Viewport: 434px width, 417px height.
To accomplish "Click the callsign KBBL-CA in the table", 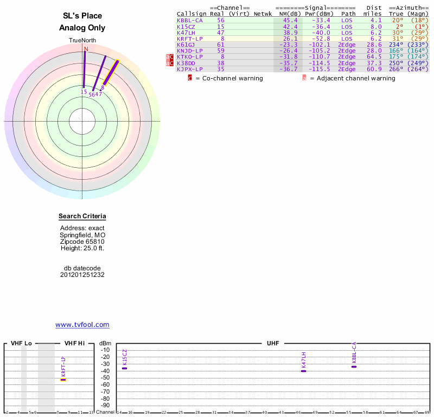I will tap(189, 20).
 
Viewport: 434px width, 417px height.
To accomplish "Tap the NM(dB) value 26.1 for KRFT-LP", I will tap(290, 39).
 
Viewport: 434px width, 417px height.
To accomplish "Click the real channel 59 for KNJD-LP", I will tap(220, 50).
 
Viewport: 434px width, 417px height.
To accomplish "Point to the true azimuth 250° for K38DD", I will tap(396, 63).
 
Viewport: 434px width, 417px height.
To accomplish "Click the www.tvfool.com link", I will tap(82, 325).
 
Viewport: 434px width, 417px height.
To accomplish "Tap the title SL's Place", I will tap(82, 16).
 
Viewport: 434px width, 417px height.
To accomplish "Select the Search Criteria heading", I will tap(82, 217).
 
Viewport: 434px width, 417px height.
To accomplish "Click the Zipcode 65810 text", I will tap(82, 242).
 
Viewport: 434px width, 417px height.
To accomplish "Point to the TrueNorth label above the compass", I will tap(82, 41).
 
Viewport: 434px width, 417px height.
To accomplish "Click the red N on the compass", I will tap(85, 49).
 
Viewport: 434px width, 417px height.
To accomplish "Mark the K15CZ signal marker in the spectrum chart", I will tap(124, 368).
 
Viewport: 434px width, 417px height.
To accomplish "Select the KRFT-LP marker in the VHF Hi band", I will tap(63, 380).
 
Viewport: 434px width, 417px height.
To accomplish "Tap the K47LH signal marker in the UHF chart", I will tap(303, 371).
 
